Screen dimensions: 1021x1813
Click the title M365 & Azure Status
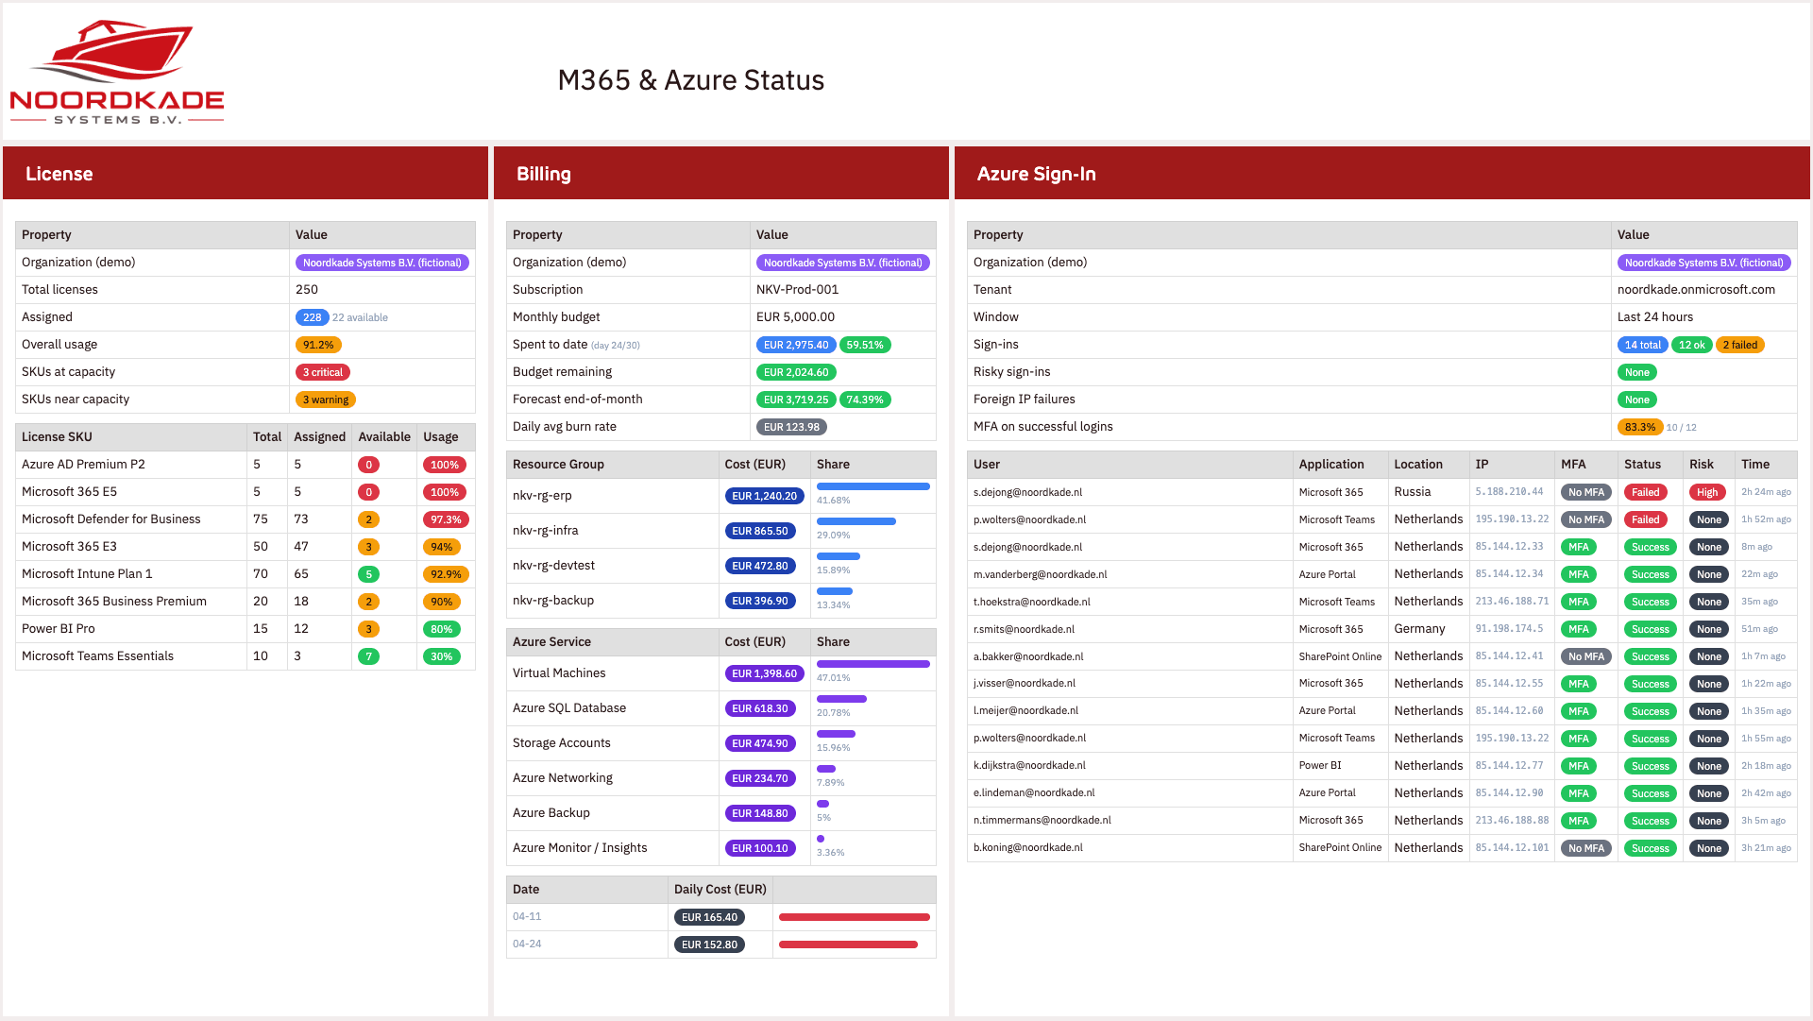click(x=690, y=80)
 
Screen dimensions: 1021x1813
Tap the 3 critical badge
click(x=322, y=372)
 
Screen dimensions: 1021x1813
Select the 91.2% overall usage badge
click(x=318, y=345)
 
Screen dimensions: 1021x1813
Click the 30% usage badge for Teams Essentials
click(x=441, y=656)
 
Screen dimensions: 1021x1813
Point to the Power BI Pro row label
click(x=59, y=629)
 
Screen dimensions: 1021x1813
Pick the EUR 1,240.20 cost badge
click(x=764, y=496)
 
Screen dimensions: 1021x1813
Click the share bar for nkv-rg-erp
click(x=873, y=486)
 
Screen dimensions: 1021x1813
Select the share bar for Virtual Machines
click(x=873, y=664)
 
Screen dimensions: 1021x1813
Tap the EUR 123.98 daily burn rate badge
click(x=791, y=427)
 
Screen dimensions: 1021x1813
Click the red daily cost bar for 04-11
click(x=854, y=917)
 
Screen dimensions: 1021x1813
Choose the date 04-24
click(x=527, y=944)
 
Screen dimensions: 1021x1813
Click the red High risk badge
click(x=1707, y=492)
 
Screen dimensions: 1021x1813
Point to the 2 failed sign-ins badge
click(x=1739, y=345)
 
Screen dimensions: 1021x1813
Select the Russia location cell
click(x=1413, y=492)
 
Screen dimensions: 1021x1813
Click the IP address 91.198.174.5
click(x=1509, y=629)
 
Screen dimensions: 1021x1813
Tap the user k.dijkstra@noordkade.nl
click(x=1029, y=766)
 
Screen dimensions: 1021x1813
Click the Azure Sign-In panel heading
click(x=1036, y=174)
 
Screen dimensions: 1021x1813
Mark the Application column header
click(x=1330, y=465)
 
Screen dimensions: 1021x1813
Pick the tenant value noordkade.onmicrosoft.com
click(x=1696, y=290)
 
